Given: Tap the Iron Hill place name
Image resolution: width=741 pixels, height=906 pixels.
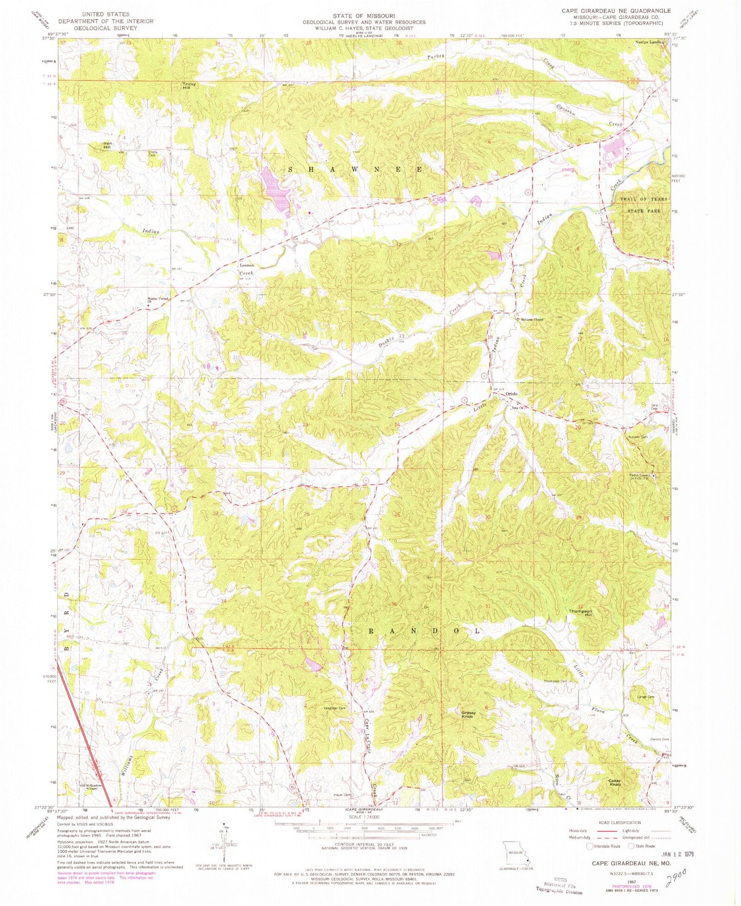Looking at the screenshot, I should [x=107, y=145].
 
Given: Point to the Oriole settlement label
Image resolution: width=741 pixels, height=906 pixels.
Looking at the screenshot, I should [x=512, y=394].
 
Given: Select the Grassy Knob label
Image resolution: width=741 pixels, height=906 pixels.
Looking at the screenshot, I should [x=469, y=714].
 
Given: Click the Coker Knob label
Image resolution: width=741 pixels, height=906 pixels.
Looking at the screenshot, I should [x=614, y=783].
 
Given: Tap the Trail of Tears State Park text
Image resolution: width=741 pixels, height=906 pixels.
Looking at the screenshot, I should [x=640, y=205].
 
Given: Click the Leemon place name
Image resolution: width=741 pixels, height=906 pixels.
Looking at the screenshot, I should [x=247, y=266].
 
